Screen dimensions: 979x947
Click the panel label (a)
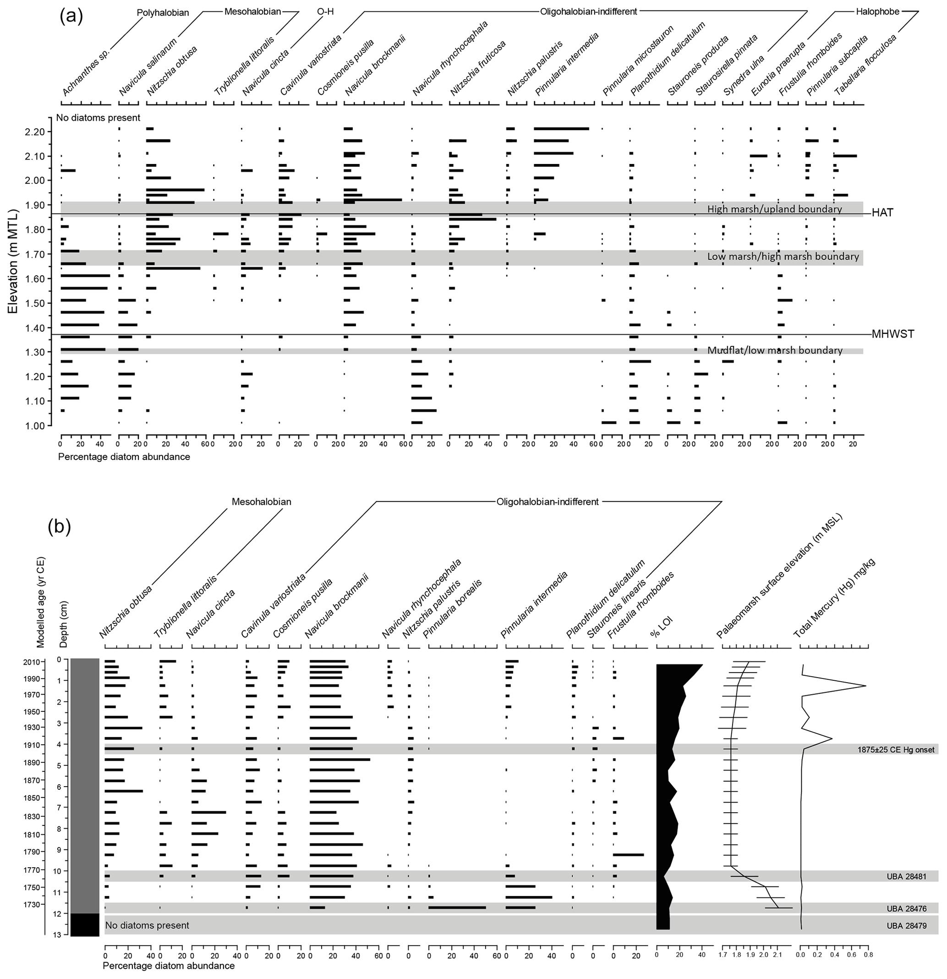[71, 16]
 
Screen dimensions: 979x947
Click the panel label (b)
[59, 526]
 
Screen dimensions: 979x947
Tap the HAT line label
[882, 213]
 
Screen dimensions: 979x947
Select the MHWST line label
[892, 334]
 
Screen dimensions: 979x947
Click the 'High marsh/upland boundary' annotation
[774, 209]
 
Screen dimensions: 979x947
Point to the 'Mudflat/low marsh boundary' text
[774, 350]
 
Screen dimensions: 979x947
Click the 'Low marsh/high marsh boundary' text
[783, 256]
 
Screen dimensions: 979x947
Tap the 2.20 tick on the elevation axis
[38, 132]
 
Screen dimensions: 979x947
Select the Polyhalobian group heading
[163, 12]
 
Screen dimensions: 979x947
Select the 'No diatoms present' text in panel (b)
[147, 925]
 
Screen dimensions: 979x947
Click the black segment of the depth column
[85, 924]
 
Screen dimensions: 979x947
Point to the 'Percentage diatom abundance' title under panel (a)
[124, 457]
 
